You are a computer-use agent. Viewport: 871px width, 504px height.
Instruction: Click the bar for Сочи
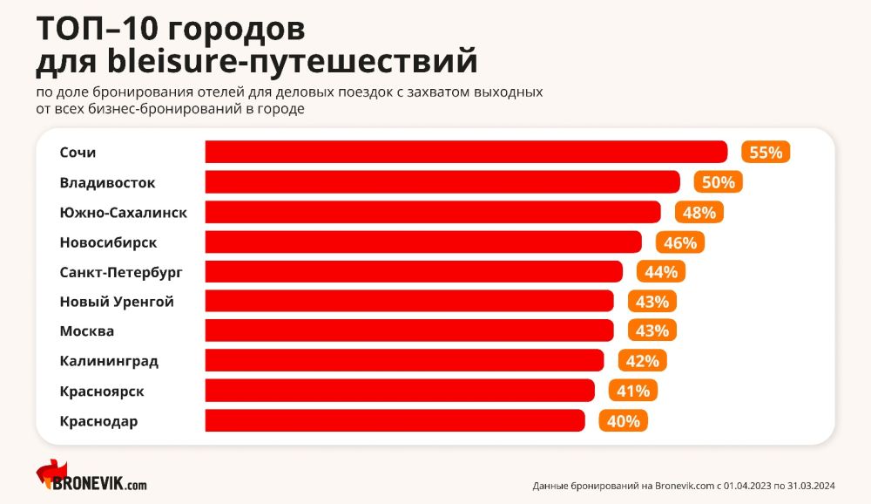tap(466, 152)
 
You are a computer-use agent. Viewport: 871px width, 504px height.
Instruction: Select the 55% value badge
tap(766, 152)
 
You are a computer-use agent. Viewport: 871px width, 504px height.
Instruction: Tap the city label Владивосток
tap(108, 182)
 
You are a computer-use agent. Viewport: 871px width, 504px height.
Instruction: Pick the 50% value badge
tap(719, 182)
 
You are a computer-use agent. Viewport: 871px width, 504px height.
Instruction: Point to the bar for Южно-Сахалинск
tap(433, 212)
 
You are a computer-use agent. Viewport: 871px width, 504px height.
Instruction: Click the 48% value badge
tap(699, 212)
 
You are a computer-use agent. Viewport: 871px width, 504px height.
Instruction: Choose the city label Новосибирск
tap(108, 242)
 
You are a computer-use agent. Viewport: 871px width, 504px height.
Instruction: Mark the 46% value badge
tap(680, 242)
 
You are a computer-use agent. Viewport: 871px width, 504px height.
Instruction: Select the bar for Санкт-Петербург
tap(414, 271)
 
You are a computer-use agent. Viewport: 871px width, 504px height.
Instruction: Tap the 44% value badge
tap(661, 271)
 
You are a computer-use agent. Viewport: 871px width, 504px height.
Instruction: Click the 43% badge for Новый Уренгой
tap(652, 302)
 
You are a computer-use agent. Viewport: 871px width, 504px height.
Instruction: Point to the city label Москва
tap(87, 331)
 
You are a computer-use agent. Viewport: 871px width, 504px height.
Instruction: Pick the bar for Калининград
tap(404, 360)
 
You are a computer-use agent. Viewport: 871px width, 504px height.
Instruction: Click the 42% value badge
tap(642, 360)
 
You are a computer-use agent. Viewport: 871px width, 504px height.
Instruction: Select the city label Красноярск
tap(102, 391)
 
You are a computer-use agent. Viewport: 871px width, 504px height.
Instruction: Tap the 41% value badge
tap(633, 391)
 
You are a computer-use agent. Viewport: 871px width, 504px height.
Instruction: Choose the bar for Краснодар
tap(395, 420)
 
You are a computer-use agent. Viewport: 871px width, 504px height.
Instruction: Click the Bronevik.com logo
tap(91, 477)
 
